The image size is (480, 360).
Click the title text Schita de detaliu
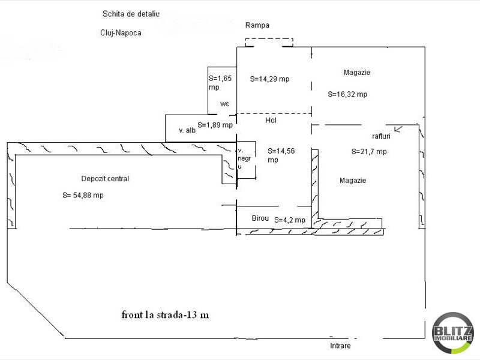click(131, 13)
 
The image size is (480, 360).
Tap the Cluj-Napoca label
click(121, 33)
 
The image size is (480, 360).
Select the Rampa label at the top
click(257, 25)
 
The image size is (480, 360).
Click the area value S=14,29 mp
click(269, 79)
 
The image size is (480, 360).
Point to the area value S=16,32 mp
click(347, 94)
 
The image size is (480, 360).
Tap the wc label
click(225, 104)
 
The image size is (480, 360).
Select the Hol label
click(271, 120)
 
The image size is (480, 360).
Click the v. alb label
click(187, 130)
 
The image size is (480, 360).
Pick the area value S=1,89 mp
click(214, 125)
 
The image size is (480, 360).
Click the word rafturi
click(381, 136)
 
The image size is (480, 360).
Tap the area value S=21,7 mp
click(369, 152)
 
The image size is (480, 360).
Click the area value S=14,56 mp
click(281, 155)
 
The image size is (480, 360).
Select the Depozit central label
click(105, 178)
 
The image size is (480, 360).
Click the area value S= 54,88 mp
click(83, 195)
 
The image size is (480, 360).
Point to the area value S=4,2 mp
click(290, 220)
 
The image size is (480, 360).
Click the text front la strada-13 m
click(165, 314)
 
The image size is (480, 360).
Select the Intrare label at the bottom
click(340, 346)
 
